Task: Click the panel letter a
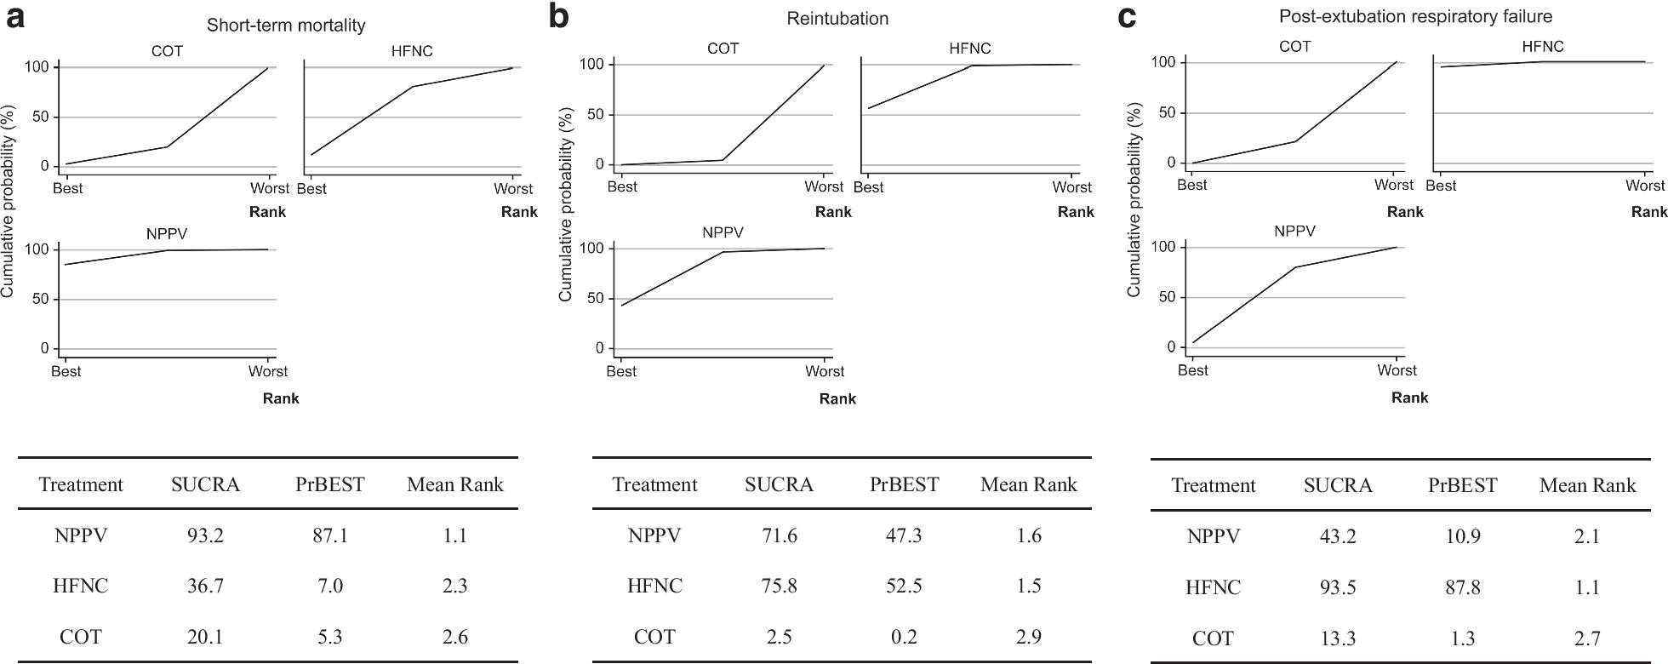click(15, 17)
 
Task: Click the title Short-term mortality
click(286, 26)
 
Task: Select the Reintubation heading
click(837, 19)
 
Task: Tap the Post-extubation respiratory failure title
click(1414, 16)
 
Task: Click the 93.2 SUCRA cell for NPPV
click(205, 535)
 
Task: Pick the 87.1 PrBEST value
click(329, 535)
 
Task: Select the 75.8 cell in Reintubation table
click(779, 586)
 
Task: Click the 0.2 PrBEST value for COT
click(904, 637)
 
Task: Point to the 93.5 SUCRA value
click(1338, 587)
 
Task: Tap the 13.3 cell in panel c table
click(1338, 638)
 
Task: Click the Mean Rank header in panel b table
click(1028, 485)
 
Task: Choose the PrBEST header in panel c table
click(1462, 486)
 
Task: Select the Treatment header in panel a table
click(81, 485)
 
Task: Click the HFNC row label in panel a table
click(81, 586)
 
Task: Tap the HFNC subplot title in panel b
click(969, 49)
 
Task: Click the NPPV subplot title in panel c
click(1294, 232)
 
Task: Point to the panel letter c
click(1127, 17)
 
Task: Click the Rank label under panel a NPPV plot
click(281, 398)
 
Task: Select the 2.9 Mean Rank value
click(1028, 637)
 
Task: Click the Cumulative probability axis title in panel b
click(565, 204)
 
